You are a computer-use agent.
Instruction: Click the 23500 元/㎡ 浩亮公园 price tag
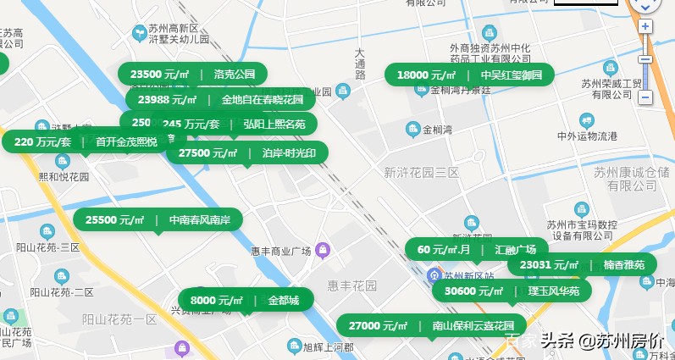point(192,74)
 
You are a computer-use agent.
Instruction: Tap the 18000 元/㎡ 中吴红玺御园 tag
point(469,75)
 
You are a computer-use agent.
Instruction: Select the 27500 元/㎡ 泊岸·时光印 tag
point(246,152)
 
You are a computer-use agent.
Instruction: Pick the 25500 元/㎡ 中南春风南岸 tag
point(158,219)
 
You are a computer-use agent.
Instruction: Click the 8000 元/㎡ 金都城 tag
point(245,300)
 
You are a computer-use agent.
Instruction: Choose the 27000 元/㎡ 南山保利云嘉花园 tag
point(431,325)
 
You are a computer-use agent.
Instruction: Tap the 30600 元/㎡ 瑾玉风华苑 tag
point(512,291)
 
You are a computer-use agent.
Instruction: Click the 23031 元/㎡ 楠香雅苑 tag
point(582,265)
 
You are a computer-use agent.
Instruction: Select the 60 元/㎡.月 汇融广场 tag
point(477,249)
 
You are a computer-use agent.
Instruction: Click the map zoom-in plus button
point(645,26)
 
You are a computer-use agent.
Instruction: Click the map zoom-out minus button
point(645,97)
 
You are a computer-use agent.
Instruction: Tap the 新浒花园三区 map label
point(420,172)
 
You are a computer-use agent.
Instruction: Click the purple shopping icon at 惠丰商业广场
point(322,250)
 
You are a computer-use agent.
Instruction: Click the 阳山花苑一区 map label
point(119,319)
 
